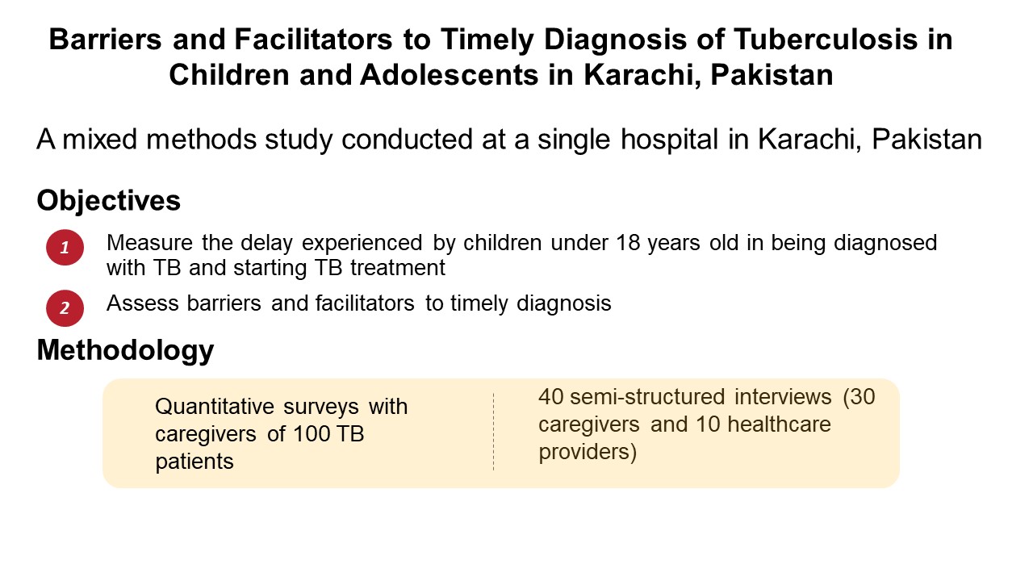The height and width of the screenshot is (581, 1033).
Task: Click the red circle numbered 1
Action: (65, 248)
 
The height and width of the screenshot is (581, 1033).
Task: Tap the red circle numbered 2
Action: (65, 308)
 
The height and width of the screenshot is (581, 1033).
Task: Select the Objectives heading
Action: (108, 201)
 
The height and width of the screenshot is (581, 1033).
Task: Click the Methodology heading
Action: (125, 350)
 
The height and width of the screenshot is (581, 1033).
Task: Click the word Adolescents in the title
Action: (450, 75)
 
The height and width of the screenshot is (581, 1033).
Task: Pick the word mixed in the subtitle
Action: (99, 140)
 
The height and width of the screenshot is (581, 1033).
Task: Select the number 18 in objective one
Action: (628, 243)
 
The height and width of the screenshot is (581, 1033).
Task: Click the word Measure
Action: (149, 243)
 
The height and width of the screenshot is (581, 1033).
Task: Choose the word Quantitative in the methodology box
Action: (215, 407)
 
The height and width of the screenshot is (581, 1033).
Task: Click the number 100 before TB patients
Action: (312, 434)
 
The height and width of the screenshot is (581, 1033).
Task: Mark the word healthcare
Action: (779, 424)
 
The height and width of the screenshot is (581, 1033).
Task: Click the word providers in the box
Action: (584, 452)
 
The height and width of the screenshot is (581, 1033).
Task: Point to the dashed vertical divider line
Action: (493, 432)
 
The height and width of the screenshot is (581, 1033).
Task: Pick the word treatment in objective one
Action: (398, 268)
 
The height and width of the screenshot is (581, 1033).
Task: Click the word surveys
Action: (321, 408)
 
